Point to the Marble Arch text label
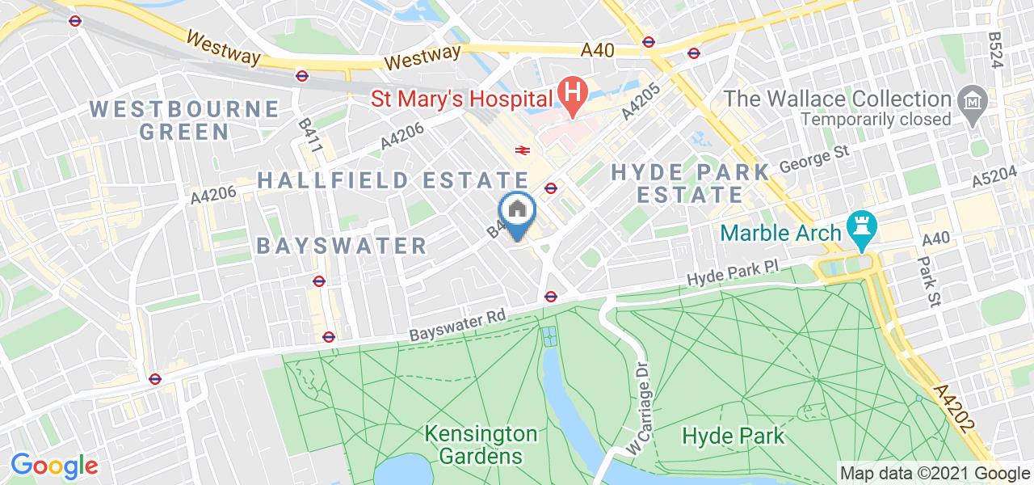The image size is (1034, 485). [780, 234]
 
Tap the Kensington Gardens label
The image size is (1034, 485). [480, 445]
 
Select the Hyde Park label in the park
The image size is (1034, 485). [733, 436]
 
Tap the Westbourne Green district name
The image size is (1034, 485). [185, 119]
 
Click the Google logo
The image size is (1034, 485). [54, 466]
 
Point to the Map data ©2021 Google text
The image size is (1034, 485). [935, 474]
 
